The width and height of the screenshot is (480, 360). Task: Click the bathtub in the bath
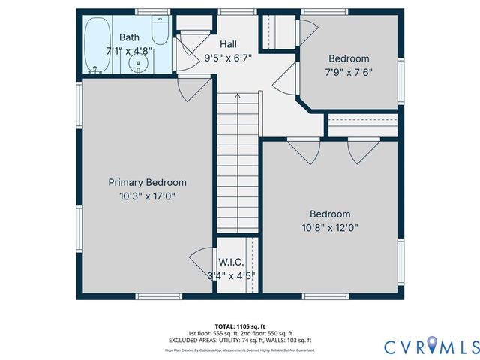click(96, 46)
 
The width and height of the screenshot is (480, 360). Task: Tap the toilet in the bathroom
click(159, 31)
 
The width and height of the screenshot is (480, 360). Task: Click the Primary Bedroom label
click(147, 182)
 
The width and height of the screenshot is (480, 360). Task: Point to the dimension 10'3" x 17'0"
click(147, 196)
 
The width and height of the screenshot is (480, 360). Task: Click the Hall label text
click(229, 44)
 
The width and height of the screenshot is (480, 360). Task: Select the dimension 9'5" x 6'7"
click(229, 57)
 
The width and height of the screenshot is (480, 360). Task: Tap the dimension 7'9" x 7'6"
click(349, 72)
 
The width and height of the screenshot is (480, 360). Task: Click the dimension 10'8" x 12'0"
click(330, 227)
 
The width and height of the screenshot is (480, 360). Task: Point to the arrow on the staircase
click(238, 96)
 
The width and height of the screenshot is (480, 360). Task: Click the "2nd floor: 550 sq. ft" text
click(265, 333)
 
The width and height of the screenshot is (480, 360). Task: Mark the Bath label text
click(129, 37)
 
